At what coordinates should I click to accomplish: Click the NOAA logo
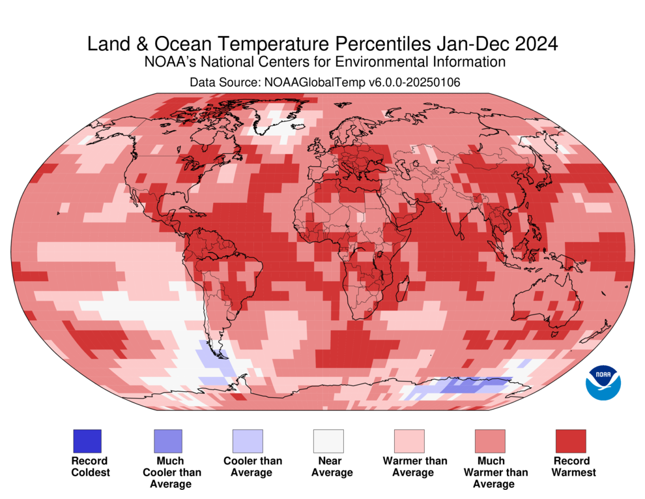pyautogui.click(x=603, y=382)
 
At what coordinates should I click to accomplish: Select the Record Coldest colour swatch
pyautogui.click(x=87, y=441)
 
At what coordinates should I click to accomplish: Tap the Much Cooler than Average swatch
pyautogui.click(x=167, y=441)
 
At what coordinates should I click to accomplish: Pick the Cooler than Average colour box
pyautogui.click(x=248, y=441)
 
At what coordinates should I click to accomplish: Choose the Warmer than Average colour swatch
pyautogui.click(x=408, y=441)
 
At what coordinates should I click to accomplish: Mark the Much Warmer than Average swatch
pyautogui.click(x=489, y=441)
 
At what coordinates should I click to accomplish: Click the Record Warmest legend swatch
pyautogui.click(x=570, y=441)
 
